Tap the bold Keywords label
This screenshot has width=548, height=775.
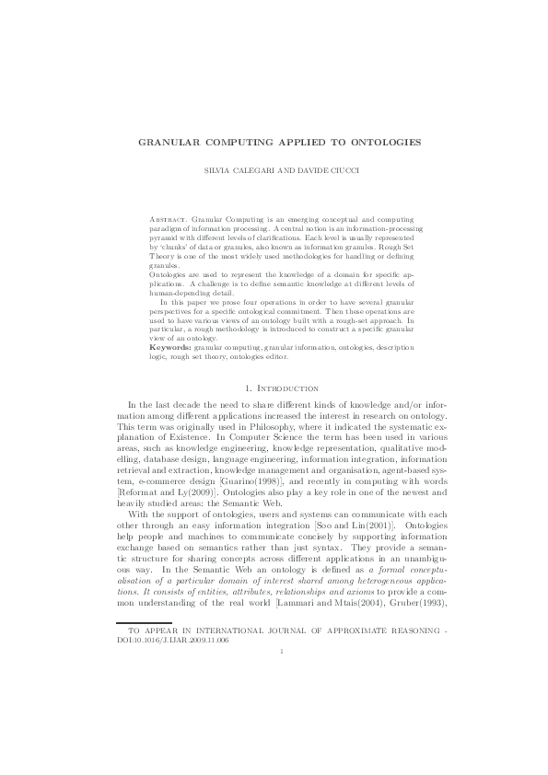[170, 347]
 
